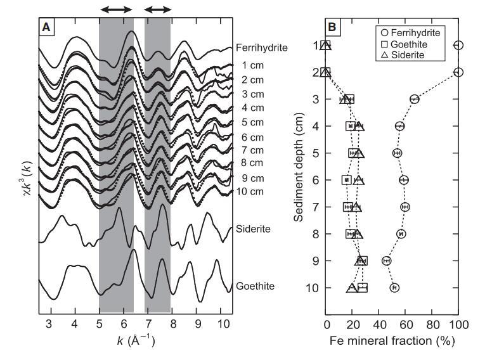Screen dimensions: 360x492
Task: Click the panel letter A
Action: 46,27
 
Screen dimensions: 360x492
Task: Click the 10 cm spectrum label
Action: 250,192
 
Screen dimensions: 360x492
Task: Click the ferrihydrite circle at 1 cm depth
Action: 459,45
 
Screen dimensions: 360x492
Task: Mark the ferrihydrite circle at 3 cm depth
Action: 415,99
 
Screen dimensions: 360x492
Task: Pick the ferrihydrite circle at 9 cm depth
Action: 386,260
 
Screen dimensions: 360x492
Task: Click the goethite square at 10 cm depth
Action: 363,288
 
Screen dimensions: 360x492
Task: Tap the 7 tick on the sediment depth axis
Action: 315,207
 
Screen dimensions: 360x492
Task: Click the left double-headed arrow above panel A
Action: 116,10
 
